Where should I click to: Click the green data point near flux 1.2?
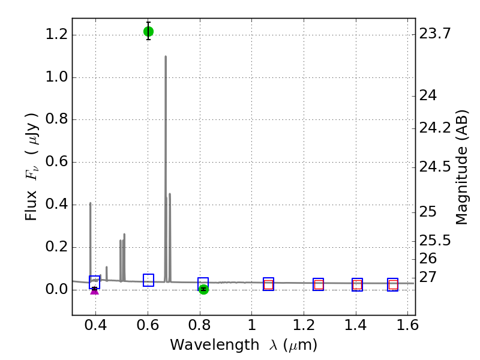148,31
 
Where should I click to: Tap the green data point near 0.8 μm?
203,289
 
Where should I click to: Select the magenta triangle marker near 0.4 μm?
94,290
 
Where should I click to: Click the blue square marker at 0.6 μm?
148,280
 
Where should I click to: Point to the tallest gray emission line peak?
166,57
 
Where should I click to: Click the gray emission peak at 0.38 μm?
90,203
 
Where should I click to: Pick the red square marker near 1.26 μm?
319,285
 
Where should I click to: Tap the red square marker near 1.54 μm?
393,285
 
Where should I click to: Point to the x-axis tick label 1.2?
304,328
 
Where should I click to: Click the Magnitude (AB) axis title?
462,167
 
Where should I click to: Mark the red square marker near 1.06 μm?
268,285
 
